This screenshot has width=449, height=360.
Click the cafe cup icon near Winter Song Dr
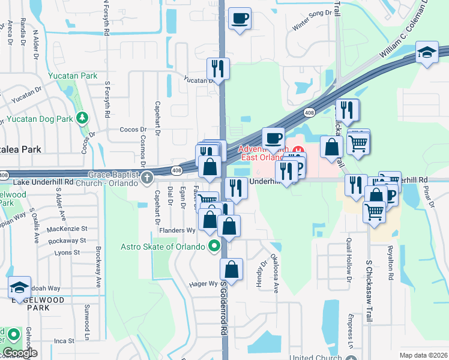[x=240, y=19]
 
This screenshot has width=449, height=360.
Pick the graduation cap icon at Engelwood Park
[x=19, y=288]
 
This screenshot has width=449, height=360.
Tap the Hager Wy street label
[x=204, y=284]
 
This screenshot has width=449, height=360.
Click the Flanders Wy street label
[x=178, y=230]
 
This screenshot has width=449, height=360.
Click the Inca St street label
[x=64, y=340]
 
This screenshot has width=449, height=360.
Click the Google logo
[x=20, y=353]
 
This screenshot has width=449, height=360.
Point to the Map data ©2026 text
[x=423, y=355]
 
